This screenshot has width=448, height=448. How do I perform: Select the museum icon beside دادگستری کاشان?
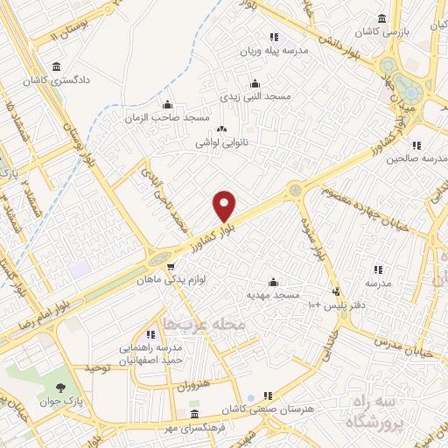(57, 66)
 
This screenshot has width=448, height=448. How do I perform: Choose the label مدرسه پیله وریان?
(278, 51)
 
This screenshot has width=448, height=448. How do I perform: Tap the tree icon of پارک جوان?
(60, 388)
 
